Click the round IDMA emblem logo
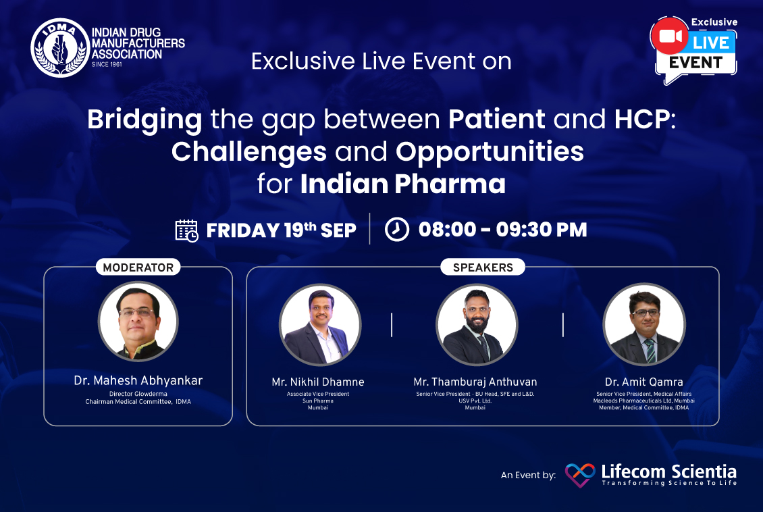[60, 48]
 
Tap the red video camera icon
[670, 36]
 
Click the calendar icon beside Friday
[186, 230]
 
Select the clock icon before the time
[397, 229]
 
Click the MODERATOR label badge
[138, 267]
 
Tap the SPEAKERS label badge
[483, 267]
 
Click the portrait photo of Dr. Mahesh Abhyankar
[138, 322]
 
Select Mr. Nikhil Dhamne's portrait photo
[320, 325]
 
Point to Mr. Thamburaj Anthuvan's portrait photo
[477, 325]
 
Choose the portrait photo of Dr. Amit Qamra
[644, 325]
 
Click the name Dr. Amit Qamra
[643, 382]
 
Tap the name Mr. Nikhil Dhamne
[318, 382]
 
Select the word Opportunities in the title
[490, 152]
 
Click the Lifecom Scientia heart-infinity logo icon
[580, 475]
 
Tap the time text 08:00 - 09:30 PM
[502, 230]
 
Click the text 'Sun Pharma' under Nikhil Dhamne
[318, 401]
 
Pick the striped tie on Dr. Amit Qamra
[650, 351]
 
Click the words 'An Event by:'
[529, 475]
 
